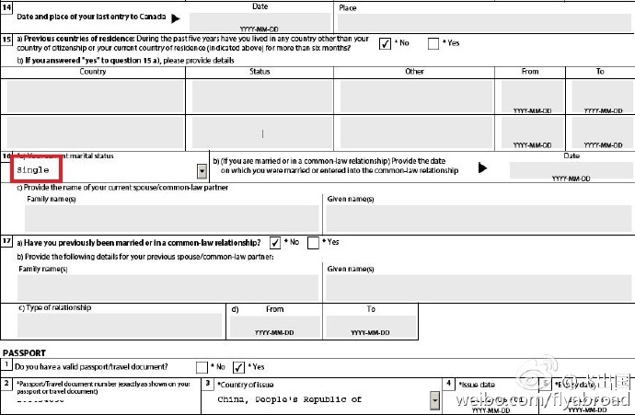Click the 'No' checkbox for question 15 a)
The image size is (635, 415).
tap(385, 42)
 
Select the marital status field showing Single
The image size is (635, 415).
tap(102, 170)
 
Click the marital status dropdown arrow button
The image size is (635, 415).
tap(202, 171)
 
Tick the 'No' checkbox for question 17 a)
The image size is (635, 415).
tap(275, 242)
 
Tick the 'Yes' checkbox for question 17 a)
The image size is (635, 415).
tap(314, 242)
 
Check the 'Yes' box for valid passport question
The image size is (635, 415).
tap(239, 366)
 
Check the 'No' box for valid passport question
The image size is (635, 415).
tap(202, 366)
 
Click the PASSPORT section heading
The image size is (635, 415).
tap(25, 352)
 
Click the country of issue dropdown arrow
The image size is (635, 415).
tap(434, 400)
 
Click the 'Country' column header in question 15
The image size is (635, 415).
tap(93, 72)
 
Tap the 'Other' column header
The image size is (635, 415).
tap(414, 72)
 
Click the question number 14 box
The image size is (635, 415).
tap(7, 7)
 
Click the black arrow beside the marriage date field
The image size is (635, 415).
tap(483, 168)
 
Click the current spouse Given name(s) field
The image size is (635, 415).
tap(477, 217)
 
